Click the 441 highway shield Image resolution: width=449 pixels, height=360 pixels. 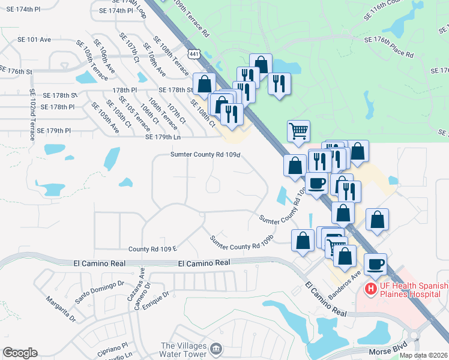tap(193, 55)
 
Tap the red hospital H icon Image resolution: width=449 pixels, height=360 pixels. tap(370, 289)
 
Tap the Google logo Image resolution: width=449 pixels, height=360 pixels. tap(20, 353)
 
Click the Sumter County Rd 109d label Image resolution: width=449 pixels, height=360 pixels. tap(205, 155)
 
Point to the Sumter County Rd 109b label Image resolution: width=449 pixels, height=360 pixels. tap(241, 242)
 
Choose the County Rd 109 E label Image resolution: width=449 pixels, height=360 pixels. tap(152, 248)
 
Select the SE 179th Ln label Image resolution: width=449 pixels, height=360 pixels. tap(163, 137)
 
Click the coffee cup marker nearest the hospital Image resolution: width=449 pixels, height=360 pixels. tap(375, 263)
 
